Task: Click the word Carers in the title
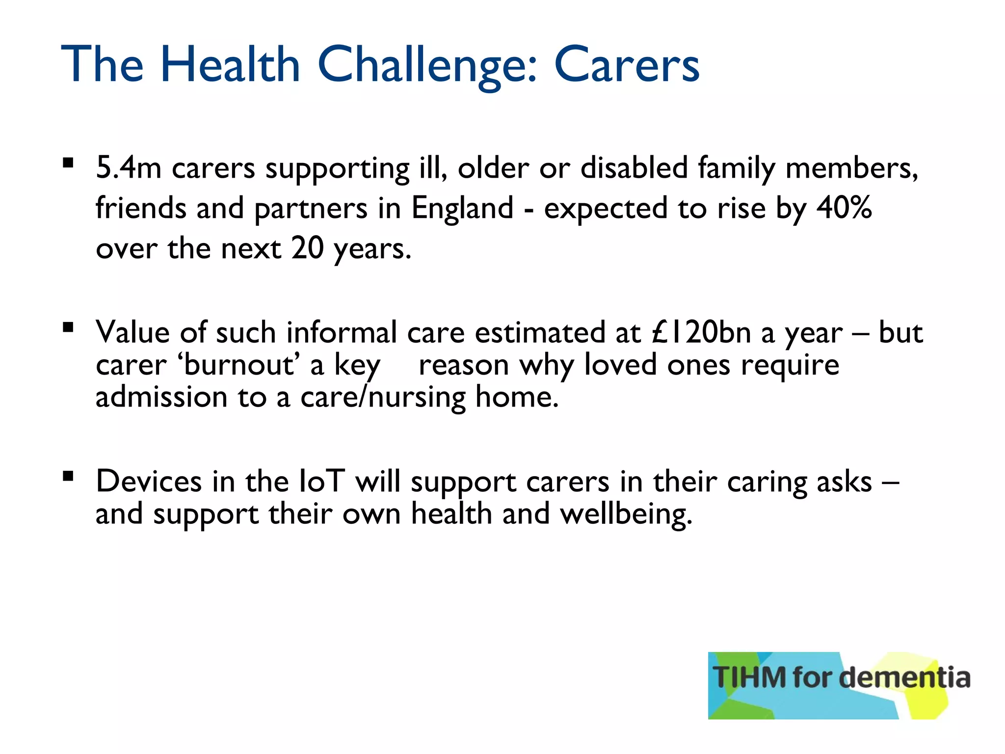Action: [627, 65]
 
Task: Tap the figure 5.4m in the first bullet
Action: [129, 168]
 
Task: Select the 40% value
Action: [844, 208]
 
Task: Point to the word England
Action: [462, 208]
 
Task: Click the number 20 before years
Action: [307, 248]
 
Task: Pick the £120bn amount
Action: [702, 332]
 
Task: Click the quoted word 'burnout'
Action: [238, 365]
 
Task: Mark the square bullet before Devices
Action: [68, 476]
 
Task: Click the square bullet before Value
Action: [68, 327]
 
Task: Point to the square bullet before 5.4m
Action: [68, 162]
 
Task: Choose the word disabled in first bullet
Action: [634, 168]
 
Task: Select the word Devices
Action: [148, 481]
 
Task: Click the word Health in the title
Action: [230, 65]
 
